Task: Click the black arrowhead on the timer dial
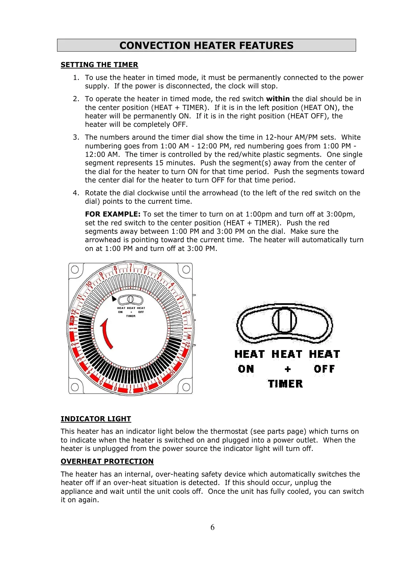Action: point(114,299)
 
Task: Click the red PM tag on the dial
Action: point(72,320)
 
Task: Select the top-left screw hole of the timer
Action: point(75,269)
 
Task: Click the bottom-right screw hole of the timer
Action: point(186,387)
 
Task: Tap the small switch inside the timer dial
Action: point(130,299)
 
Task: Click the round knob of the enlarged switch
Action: point(285,320)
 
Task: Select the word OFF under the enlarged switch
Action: point(324,369)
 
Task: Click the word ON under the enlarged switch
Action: point(246,369)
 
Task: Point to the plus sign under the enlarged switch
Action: point(288,369)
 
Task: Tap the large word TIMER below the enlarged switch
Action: point(285,384)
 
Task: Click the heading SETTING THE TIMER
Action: point(99,65)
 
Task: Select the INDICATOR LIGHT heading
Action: point(96,419)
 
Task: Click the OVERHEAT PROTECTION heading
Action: point(107,461)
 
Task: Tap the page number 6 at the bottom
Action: point(212,528)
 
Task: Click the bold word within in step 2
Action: point(278,99)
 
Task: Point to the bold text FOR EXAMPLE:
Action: point(112,214)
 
